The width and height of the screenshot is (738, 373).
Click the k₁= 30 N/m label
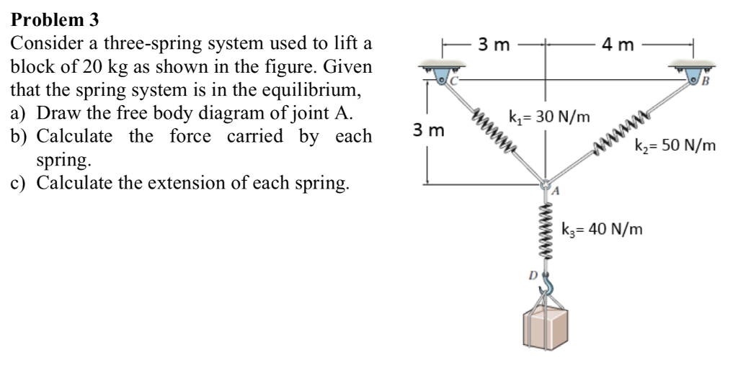[x=548, y=116]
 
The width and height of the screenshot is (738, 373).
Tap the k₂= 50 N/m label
[x=675, y=146]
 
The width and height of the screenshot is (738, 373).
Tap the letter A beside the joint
[x=556, y=192]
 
